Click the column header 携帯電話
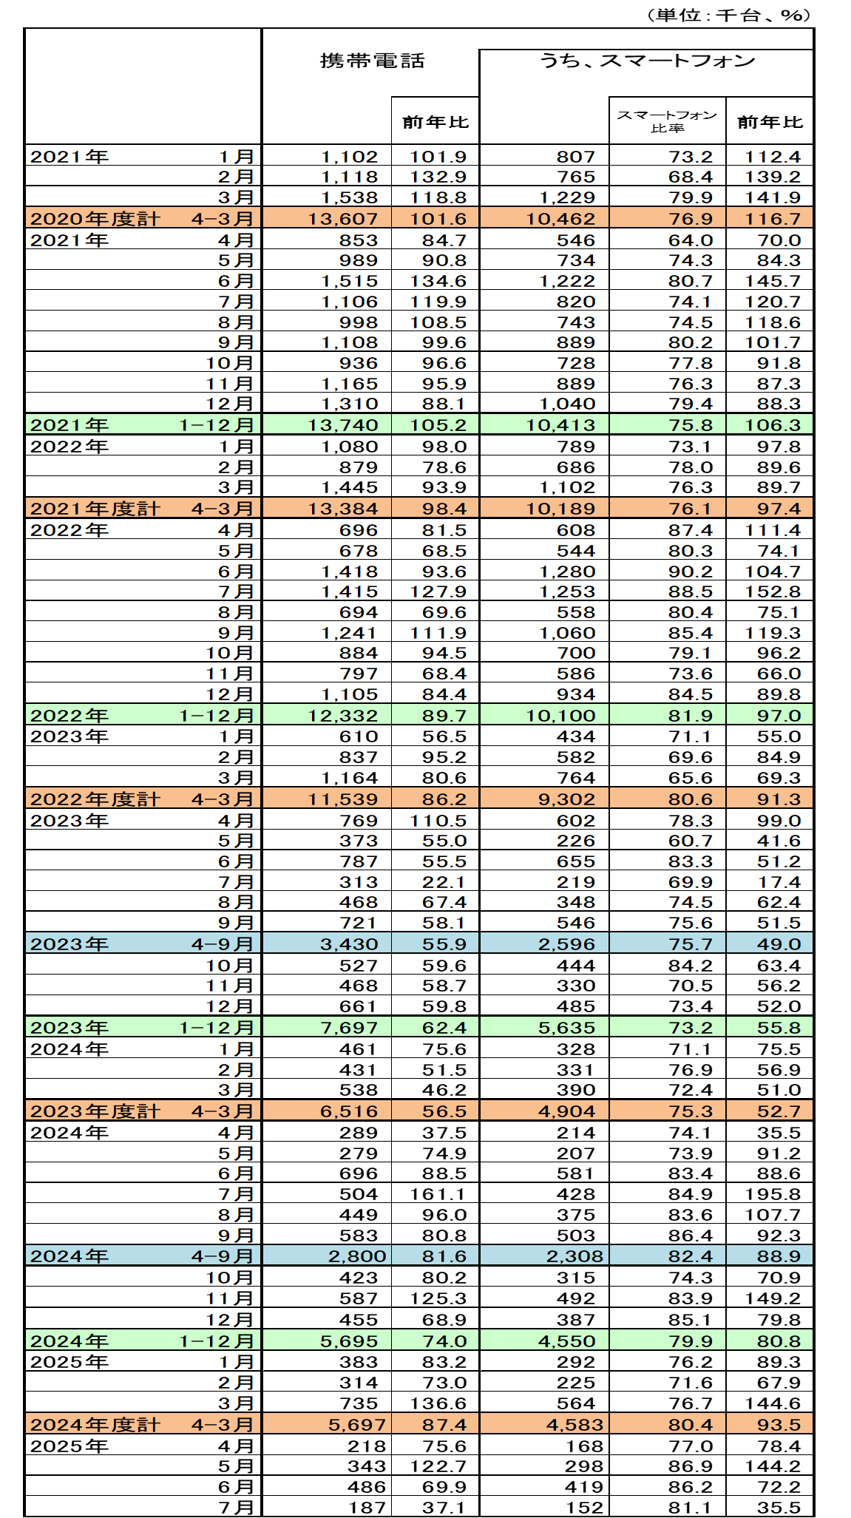(x=372, y=61)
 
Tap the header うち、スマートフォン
(x=647, y=61)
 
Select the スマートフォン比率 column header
(x=667, y=121)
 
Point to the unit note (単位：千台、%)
(x=728, y=15)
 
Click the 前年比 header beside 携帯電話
(x=435, y=122)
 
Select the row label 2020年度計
(x=95, y=219)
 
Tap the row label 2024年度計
(x=95, y=1425)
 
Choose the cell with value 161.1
(x=438, y=1194)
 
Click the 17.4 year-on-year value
(x=779, y=882)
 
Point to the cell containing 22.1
(x=444, y=882)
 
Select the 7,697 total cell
(x=349, y=1028)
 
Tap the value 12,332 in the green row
(x=347, y=716)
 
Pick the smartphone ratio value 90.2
(x=691, y=572)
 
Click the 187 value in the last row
(x=367, y=1508)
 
